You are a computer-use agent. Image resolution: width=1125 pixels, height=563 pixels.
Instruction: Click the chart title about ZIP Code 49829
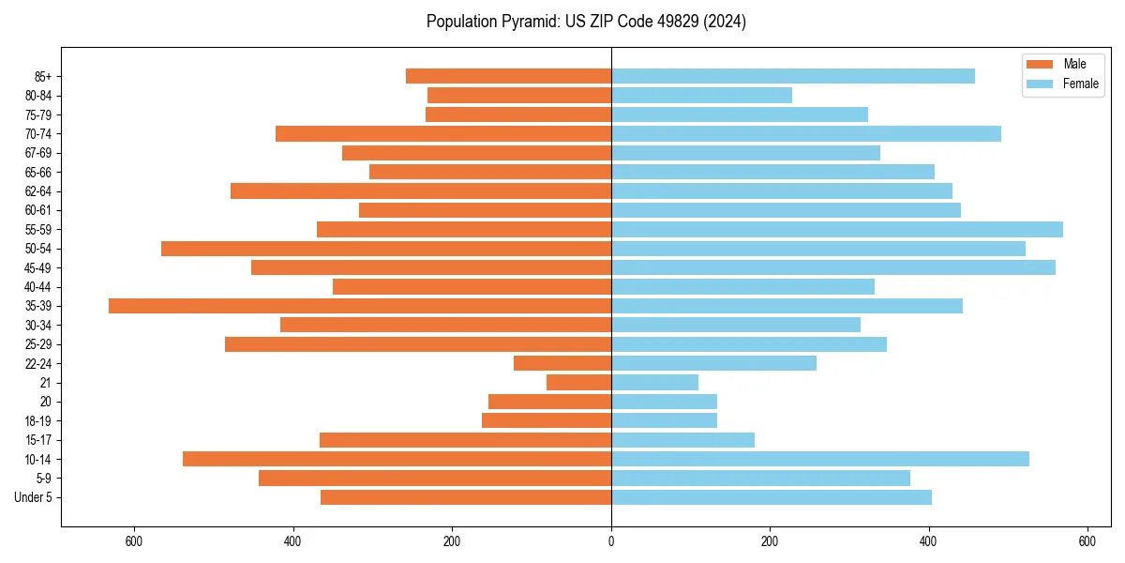coord(586,22)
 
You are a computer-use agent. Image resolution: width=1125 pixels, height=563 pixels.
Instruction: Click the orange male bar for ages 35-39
coord(360,306)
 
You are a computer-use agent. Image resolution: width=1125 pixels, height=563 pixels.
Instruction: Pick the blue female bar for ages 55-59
coord(836,229)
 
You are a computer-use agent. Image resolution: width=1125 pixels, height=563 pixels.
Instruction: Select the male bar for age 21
coord(578,383)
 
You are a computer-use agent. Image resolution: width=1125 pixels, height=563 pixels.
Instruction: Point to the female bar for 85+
coord(792,76)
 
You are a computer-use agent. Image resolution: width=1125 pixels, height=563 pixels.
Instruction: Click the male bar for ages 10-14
coord(397,459)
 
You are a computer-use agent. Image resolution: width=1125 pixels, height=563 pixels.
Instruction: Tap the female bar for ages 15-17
coord(682,440)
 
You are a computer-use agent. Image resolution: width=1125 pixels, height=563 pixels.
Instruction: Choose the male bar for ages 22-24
coord(562,363)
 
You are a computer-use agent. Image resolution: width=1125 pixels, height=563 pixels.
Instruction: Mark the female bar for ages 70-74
coord(805,133)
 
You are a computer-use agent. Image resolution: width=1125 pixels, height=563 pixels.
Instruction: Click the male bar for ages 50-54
coord(386,249)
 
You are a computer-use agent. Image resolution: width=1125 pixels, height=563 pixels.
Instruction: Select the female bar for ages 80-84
coord(701,95)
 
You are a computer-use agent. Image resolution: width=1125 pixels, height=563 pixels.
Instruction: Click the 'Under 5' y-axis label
coord(34,497)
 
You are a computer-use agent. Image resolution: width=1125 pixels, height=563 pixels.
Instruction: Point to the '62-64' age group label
coord(38,191)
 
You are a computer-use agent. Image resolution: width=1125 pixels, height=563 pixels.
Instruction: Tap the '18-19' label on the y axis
coord(38,421)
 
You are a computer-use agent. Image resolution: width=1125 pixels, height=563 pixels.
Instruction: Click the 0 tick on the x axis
coord(611,540)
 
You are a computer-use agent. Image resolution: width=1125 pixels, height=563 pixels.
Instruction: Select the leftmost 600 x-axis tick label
coord(134,540)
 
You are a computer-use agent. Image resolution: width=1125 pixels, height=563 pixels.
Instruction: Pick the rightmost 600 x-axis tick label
coord(1087,540)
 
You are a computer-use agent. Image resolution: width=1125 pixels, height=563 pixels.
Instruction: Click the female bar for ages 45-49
coord(832,267)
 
